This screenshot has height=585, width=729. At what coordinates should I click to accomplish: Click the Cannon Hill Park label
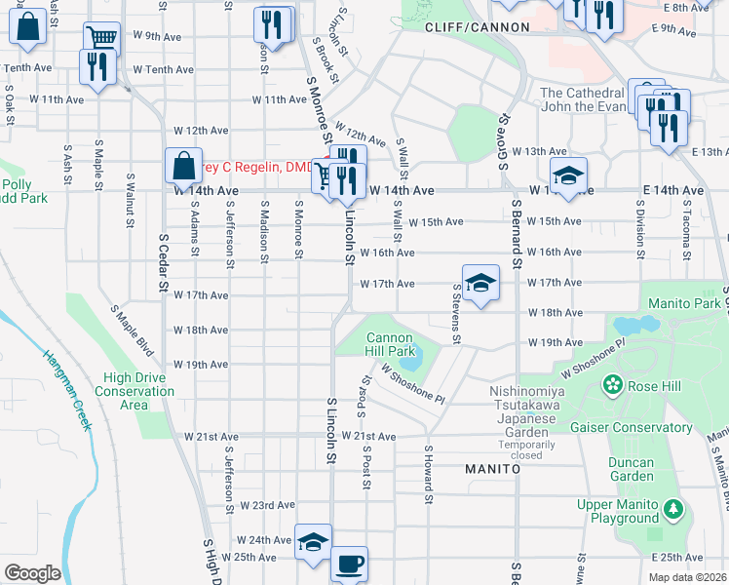tap(391, 344)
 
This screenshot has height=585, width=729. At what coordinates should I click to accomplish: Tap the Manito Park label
tap(681, 303)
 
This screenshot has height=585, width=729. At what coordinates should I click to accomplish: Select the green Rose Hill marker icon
tap(613, 384)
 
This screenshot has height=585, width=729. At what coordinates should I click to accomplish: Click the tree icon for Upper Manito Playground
tap(672, 508)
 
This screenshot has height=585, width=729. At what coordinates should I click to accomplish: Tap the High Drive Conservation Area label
tap(139, 391)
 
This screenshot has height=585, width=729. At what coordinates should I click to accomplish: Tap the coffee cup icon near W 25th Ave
tap(349, 563)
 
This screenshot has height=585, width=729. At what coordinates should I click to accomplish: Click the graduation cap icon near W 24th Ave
tap(313, 541)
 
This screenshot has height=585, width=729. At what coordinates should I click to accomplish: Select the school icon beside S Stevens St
tap(480, 283)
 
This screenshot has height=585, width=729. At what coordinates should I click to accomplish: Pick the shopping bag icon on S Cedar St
tap(184, 165)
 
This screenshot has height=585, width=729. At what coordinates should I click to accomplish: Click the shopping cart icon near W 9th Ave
tap(101, 38)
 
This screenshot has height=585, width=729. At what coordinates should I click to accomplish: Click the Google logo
tap(32, 573)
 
